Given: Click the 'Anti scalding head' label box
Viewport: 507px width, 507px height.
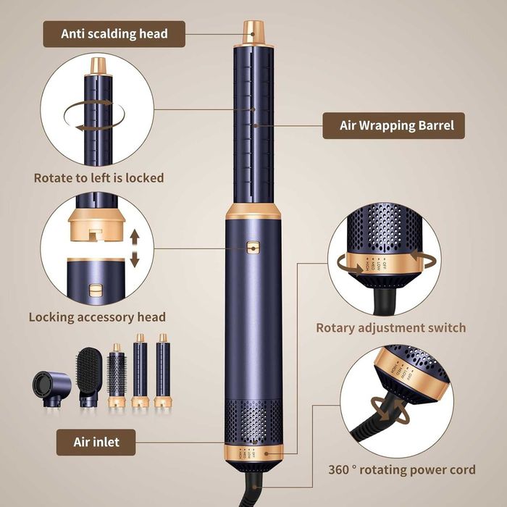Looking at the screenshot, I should pyautogui.click(x=114, y=33).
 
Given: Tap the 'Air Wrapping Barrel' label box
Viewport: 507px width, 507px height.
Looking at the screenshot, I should pyautogui.click(x=393, y=125).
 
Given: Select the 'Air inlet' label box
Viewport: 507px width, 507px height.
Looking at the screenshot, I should pyautogui.click(x=96, y=441).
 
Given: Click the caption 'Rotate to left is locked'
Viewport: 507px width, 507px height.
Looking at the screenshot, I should pyautogui.click(x=99, y=177).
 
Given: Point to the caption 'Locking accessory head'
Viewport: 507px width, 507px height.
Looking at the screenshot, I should pyautogui.click(x=97, y=317).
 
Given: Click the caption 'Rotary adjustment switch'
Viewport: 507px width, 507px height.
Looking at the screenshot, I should pyautogui.click(x=391, y=327).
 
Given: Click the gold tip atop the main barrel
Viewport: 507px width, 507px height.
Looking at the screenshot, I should pyautogui.click(x=253, y=32).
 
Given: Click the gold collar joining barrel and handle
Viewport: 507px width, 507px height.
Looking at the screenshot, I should pyautogui.click(x=253, y=212).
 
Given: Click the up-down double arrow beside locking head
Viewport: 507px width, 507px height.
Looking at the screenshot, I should pyautogui.click(x=133, y=250).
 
